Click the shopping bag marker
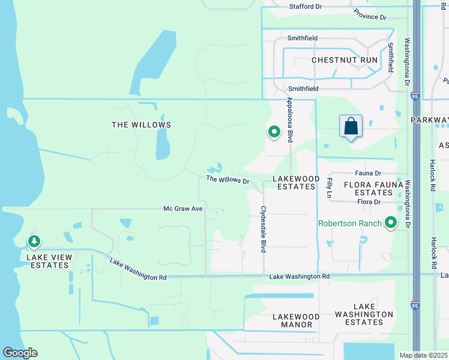coord(351,127)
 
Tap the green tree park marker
coord(34,241)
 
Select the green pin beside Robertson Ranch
coord(391,223)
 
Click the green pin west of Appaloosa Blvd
coord(274,131)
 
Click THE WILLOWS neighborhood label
coord(141,125)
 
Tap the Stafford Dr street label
coord(306,7)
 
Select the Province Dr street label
coord(370,13)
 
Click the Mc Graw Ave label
coord(183,209)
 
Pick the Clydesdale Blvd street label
coord(262,230)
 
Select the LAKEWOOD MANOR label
coord(295,320)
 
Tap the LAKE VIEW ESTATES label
coord(49,261)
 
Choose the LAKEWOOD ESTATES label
coord(294,182)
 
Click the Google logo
coord(20,353)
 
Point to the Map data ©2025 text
coord(423,355)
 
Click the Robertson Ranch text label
coord(349,223)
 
